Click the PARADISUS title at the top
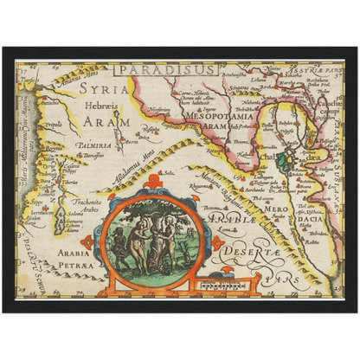(x=157, y=69)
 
